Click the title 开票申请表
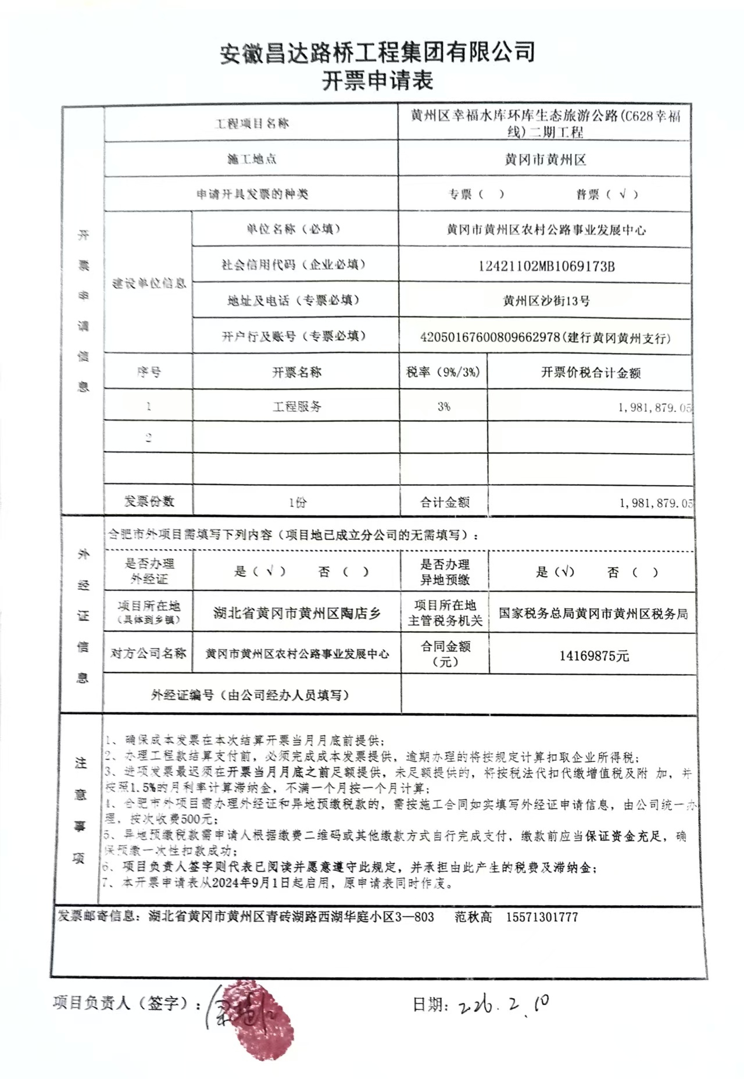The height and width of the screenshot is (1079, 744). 378,81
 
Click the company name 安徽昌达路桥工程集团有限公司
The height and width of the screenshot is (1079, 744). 378,53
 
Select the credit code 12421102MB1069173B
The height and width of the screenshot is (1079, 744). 546,266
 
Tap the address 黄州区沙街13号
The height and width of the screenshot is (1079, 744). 546,301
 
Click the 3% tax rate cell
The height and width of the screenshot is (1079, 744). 444,407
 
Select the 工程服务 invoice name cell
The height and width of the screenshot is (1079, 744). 297,407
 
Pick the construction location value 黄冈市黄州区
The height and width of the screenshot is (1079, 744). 545,159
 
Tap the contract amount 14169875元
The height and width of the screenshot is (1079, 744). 594,656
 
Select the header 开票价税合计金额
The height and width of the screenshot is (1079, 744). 591,373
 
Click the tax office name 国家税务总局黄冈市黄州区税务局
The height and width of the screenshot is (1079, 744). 593,614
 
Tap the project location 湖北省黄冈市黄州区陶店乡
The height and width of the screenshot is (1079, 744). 296,613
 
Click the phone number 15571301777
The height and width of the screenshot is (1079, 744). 542,917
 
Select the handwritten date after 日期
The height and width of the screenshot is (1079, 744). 503,1005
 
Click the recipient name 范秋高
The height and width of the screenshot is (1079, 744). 473,917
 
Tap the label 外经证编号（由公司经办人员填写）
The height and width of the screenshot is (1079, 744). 250,695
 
